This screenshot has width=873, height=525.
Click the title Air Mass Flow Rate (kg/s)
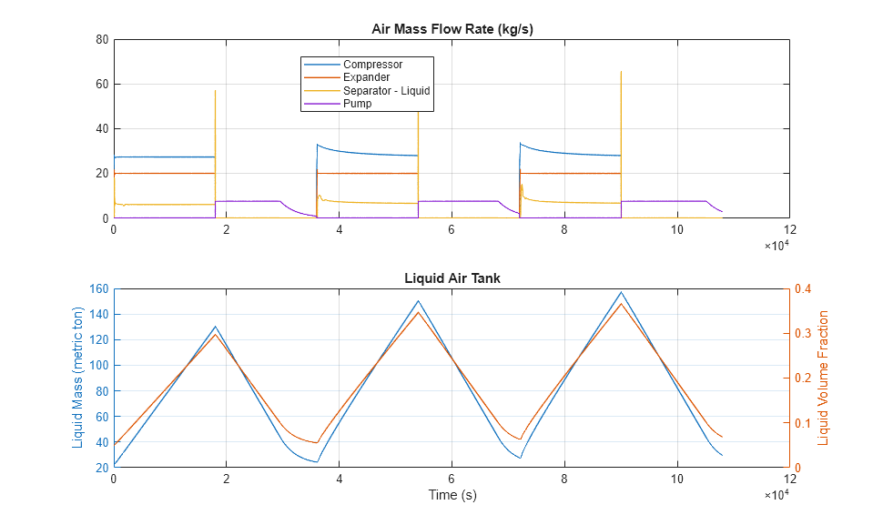tap(452, 28)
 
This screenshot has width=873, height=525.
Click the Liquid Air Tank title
tap(452, 278)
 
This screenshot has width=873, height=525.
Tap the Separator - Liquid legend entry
tap(386, 91)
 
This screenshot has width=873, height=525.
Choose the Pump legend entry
tap(357, 104)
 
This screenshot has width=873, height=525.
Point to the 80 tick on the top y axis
tap(103, 40)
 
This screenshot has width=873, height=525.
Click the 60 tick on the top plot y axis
tap(103, 85)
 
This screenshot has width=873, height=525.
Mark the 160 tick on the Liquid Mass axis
tap(99, 289)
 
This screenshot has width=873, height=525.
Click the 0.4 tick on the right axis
tap(806, 289)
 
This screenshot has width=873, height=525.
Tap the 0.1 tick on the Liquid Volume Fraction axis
tap(806, 423)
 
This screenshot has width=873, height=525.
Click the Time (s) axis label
tap(452, 495)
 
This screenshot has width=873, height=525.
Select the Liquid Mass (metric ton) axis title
tap(77, 378)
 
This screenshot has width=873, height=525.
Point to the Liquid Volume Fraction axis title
tap(824, 378)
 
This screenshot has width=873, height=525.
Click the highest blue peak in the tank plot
tap(621, 292)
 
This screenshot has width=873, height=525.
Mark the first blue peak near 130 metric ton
tap(216, 327)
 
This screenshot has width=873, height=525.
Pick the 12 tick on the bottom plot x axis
tap(788, 480)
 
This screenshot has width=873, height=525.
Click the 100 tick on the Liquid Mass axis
tap(99, 366)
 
